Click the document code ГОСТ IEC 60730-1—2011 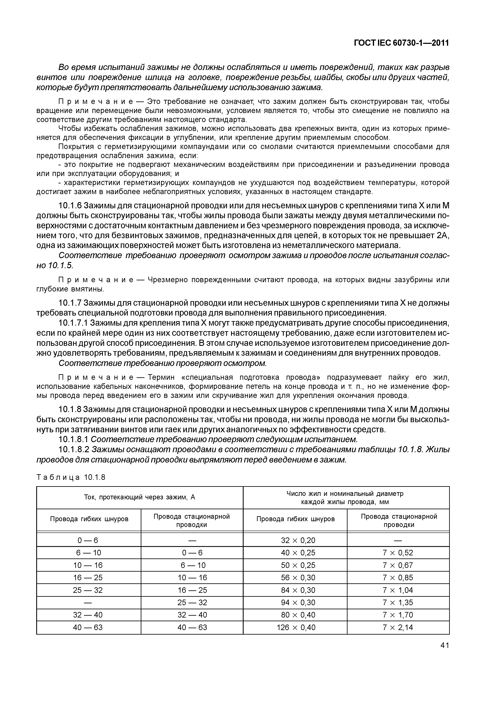pyautogui.click(x=401, y=43)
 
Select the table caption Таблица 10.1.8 pyautogui.click(x=71, y=477)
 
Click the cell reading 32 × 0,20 pyautogui.click(x=298, y=540)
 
